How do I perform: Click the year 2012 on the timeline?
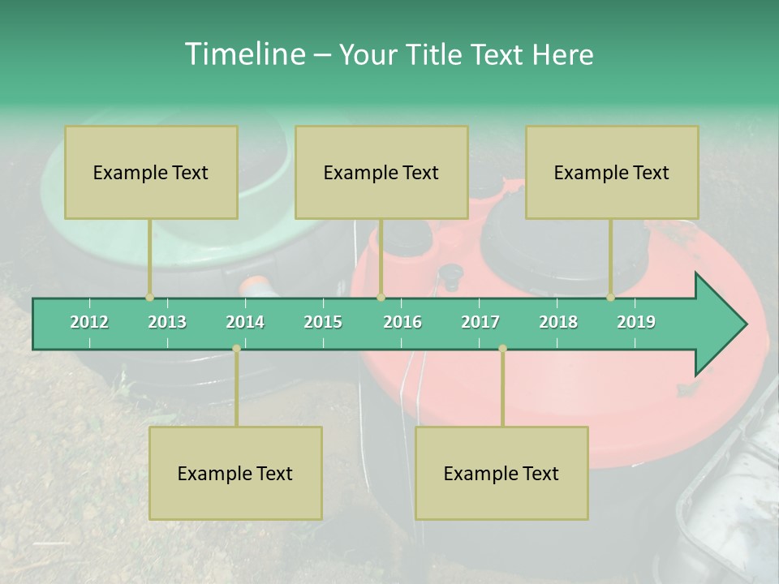pyautogui.click(x=89, y=322)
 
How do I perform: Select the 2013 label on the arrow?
pyautogui.click(x=167, y=322)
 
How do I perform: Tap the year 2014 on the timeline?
pyautogui.click(x=245, y=322)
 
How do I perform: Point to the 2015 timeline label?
pyautogui.click(x=323, y=322)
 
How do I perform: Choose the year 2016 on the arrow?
pyautogui.click(x=402, y=322)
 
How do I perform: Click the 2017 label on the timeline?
pyautogui.click(x=480, y=322)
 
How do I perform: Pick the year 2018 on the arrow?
pyautogui.click(x=558, y=322)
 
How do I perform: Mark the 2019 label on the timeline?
pyautogui.click(x=636, y=322)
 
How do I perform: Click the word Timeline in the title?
pyautogui.click(x=243, y=54)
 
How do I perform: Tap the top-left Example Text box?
pyautogui.click(x=151, y=172)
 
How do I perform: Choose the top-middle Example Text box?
pyautogui.click(x=381, y=172)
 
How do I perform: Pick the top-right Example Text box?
pyautogui.click(x=612, y=172)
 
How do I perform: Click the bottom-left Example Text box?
pyautogui.click(x=235, y=473)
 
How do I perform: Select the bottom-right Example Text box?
pyautogui.click(x=501, y=473)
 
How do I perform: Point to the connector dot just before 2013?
pyautogui.click(x=149, y=298)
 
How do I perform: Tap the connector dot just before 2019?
pyautogui.click(x=610, y=298)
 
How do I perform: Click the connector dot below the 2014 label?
pyautogui.click(x=236, y=349)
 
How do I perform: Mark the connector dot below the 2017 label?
pyautogui.click(x=502, y=349)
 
